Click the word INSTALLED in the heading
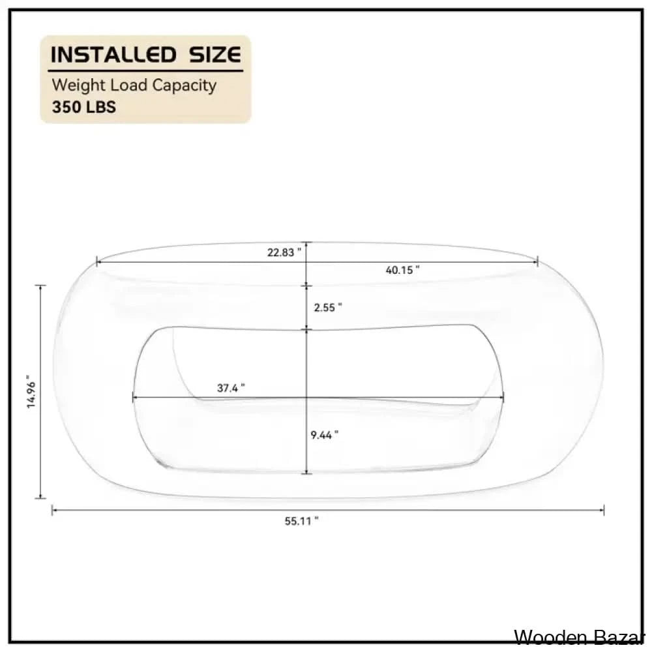pyautogui.click(x=113, y=55)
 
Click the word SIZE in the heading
pyautogui.click(x=215, y=55)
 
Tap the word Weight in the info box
pyautogui.click(x=79, y=85)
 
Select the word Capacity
pyautogui.click(x=185, y=85)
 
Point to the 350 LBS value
pyautogui.click(x=84, y=108)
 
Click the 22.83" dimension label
pyautogui.click(x=284, y=252)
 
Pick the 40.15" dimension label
pyautogui.click(x=402, y=270)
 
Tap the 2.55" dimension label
pyautogui.click(x=328, y=307)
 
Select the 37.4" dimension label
pyautogui.click(x=231, y=388)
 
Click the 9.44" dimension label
pyautogui.click(x=324, y=435)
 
